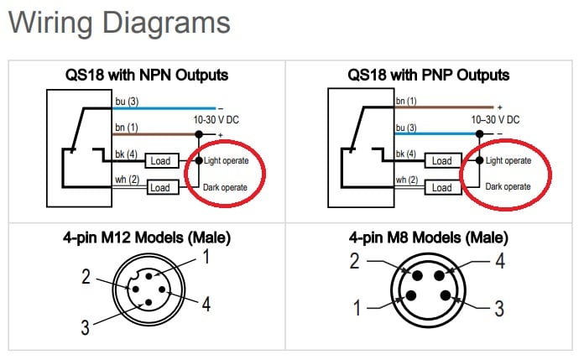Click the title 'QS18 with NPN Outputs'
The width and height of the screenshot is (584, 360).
coord(147,76)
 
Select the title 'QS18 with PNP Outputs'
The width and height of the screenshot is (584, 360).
coord(428,76)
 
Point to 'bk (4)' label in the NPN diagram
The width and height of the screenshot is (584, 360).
coord(126,154)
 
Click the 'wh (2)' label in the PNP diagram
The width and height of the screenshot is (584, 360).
coord(406,180)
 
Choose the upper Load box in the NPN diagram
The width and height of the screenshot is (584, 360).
coord(159,160)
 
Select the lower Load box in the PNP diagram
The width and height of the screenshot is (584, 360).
coord(441,187)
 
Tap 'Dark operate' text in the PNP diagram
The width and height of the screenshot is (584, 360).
coord(508,186)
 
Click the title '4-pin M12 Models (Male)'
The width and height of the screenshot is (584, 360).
coord(148,238)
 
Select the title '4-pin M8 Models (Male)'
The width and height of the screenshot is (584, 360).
coord(428,238)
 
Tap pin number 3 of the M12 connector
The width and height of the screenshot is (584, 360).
coord(84,327)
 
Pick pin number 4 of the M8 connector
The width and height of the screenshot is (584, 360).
coord(499,262)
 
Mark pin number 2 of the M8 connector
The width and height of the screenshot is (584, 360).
coord(354,262)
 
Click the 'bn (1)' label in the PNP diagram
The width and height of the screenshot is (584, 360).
coord(406,102)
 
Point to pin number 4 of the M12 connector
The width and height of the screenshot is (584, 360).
coord(206,303)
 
